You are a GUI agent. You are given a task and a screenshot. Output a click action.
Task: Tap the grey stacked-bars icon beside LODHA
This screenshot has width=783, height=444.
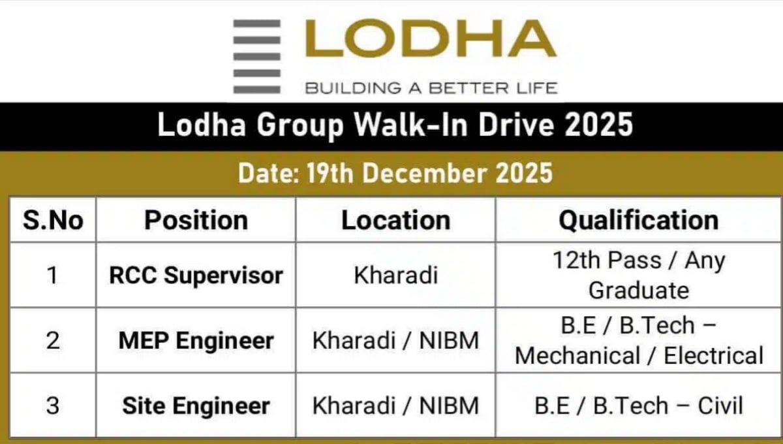click(x=257, y=56)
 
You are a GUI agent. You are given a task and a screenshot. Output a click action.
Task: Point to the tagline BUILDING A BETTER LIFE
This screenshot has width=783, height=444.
click(x=431, y=87)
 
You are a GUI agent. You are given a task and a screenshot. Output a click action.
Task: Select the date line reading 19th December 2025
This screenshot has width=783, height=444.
click(x=395, y=173)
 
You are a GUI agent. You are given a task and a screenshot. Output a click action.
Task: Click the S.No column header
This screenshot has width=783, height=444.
click(x=53, y=221)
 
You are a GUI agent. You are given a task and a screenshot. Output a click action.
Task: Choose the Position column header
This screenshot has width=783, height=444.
click(x=196, y=221)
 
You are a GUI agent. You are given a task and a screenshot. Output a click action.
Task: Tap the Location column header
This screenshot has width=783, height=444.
click(x=395, y=221)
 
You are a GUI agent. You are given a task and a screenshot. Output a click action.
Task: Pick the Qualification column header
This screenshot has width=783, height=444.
click(x=638, y=221)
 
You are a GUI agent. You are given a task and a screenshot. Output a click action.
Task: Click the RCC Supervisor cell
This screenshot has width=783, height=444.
click(x=196, y=275)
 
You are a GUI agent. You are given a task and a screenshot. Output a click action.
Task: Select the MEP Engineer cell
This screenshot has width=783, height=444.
click(x=196, y=341)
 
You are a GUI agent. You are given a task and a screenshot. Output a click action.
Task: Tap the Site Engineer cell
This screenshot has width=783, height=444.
click(x=196, y=406)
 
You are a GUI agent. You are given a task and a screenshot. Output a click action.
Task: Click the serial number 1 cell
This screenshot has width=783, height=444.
click(x=52, y=275)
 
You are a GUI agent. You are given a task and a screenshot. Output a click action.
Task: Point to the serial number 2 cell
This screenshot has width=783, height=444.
click(x=52, y=341)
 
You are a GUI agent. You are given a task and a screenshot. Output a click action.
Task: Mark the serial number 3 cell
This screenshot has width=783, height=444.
click(x=52, y=406)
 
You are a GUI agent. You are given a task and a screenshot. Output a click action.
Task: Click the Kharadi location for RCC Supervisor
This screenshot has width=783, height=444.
click(x=395, y=275)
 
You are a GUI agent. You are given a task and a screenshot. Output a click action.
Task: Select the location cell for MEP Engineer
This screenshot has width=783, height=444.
click(x=395, y=341)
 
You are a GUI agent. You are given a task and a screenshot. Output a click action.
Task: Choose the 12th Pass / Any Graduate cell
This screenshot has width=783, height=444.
click(x=638, y=275)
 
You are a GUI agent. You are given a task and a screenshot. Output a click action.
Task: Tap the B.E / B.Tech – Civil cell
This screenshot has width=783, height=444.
click(x=638, y=406)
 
